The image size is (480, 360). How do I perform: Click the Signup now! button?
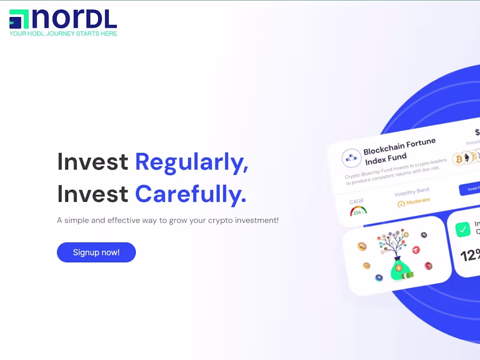coord(96,252)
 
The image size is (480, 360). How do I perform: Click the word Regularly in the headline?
coord(192,161)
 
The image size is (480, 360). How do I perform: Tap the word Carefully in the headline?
coord(191,194)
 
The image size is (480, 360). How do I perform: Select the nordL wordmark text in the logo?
coord(75,19)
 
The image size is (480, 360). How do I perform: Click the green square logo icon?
coord(19,19)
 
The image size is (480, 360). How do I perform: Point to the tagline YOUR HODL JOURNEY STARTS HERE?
coord(63,34)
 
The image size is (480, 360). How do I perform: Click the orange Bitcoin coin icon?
coord(459,159)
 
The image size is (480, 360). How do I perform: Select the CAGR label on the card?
coord(357,202)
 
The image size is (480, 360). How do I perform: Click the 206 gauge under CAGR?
coord(358,211)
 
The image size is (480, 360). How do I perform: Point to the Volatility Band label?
coord(411,192)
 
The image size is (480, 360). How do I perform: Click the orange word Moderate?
coord(418,201)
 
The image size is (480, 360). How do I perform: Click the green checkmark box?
coord(463,230)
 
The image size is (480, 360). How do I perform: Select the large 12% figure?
coord(470,255)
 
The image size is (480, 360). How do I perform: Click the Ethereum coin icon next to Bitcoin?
coord(467,158)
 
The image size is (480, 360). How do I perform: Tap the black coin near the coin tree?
coord(424,235)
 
